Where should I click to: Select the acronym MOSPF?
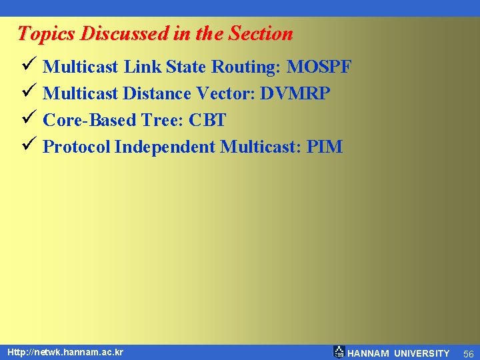(x=319, y=67)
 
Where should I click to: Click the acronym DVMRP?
(x=295, y=93)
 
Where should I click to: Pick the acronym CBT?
(x=207, y=120)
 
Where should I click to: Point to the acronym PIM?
(x=324, y=147)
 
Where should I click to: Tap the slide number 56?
(x=468, y=353)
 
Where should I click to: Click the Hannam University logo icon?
(x=339, y=352)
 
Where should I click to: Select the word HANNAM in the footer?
(x=369, y=353)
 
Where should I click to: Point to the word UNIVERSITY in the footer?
(x=421, y=353)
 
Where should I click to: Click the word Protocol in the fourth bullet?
(x=76, y=147)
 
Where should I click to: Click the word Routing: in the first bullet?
(x=246, y=67)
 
